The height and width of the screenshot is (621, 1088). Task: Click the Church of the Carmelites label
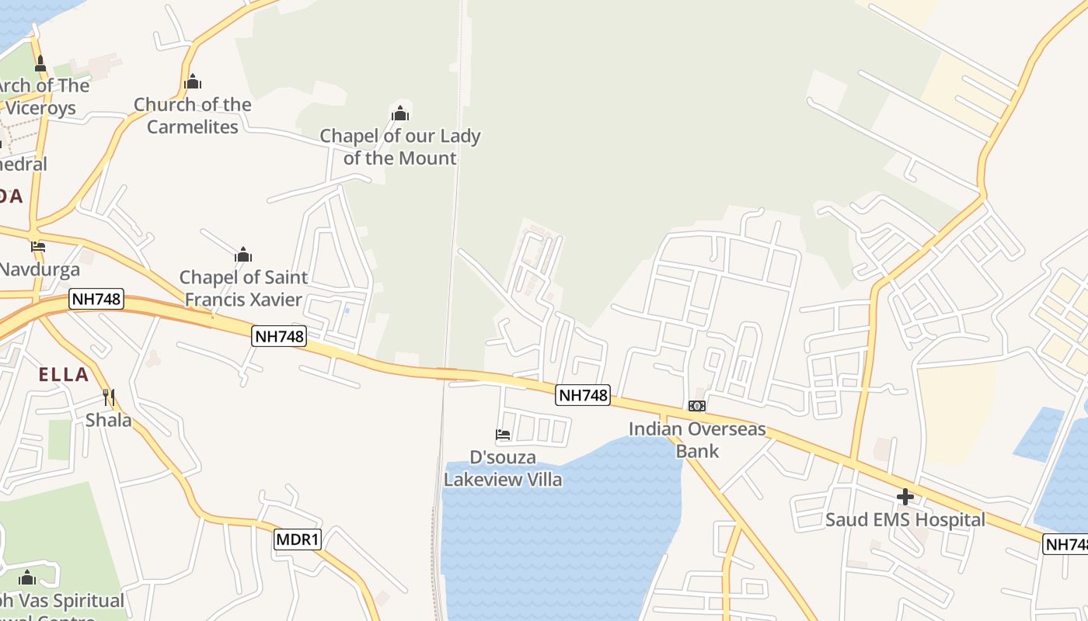coord(193,116)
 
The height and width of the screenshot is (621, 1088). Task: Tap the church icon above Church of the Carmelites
coord(193,82)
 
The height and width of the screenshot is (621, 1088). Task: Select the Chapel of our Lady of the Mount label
coord(400,147)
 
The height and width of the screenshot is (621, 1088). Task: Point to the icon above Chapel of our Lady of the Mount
coord(400,114)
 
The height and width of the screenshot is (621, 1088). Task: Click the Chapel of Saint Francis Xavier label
coord(244,288)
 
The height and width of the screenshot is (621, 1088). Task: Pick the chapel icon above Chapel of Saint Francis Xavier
coord(243,255)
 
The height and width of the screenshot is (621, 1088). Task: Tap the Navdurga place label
coord(40,270)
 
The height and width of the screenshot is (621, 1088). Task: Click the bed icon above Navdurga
coord(38,247)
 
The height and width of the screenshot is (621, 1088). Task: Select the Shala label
coord(108,421)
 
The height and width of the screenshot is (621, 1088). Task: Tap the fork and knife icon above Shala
coord(109,397)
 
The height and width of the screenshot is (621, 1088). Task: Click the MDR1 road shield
coord(298,539)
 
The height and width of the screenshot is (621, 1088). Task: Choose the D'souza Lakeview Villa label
coord(503,468)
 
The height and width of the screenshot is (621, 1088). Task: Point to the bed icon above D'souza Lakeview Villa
coord(503,435)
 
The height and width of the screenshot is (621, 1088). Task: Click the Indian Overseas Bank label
coord(697,440)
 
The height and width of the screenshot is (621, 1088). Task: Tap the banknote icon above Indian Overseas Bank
coord(697,406)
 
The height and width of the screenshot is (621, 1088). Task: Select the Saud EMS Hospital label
coord(905,520)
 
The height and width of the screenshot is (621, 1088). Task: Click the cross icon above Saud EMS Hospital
coord(905,497)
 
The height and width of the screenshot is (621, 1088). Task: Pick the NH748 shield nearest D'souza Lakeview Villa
coord(583,395)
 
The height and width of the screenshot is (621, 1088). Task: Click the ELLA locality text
coord(64,375)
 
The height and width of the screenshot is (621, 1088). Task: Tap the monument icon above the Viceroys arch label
coord(40,64)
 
